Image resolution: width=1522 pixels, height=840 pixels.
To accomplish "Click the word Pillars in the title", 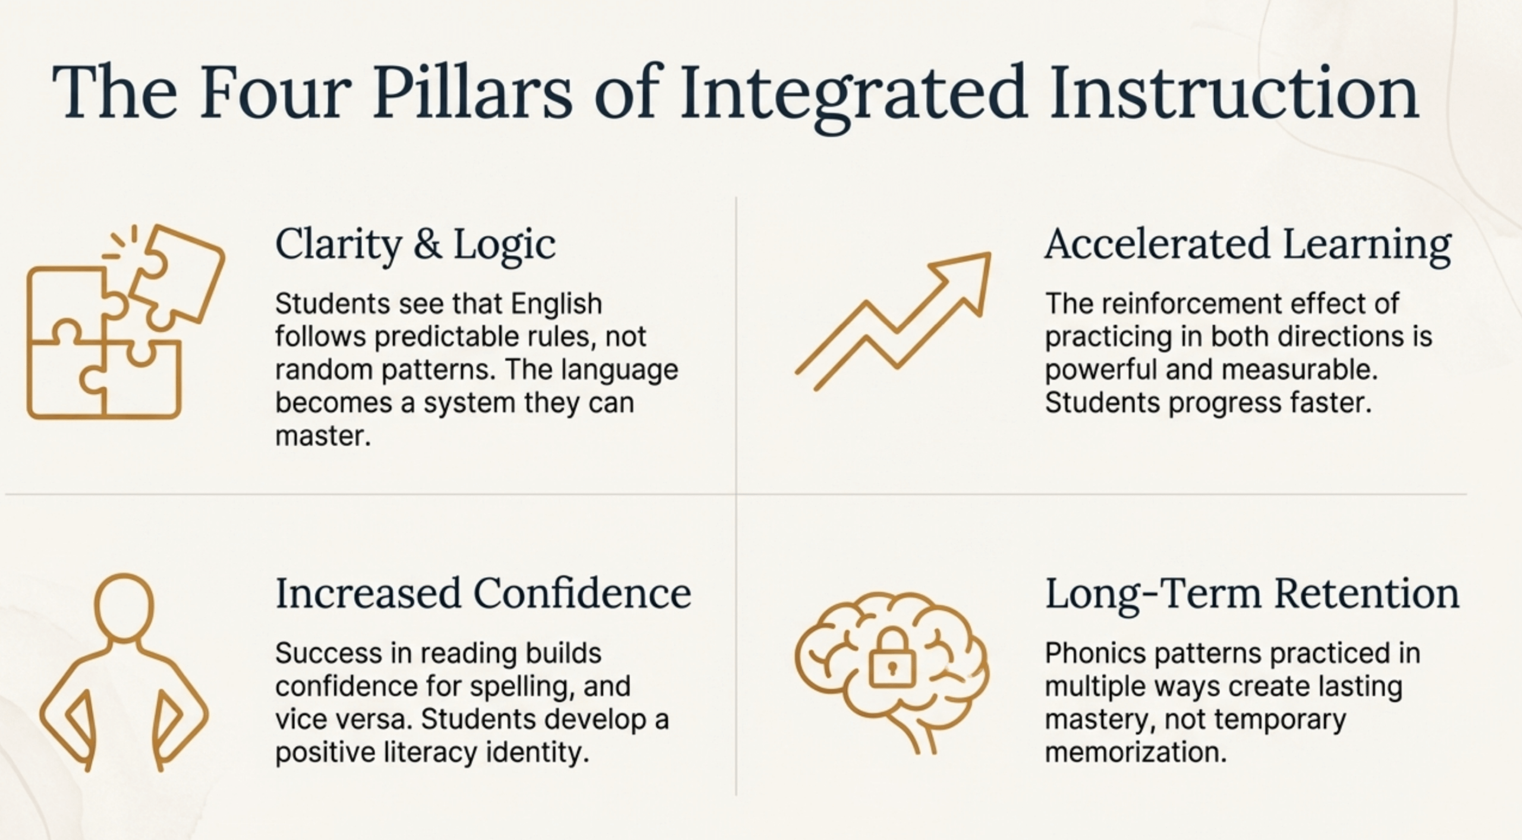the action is (x=473, y=93).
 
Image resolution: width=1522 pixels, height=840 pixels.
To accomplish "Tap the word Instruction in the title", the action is (x=1234, y=93).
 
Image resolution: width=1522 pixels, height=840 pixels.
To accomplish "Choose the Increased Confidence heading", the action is (x=483, y=593).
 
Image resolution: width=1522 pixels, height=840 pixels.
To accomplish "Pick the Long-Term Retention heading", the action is (x=1252, y=594).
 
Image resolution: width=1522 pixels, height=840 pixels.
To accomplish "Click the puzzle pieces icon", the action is (x=125, y=322).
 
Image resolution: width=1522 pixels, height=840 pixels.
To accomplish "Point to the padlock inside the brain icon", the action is (x=892, y=659).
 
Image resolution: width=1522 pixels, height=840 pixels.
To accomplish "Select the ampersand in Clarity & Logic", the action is (x=427, y=244).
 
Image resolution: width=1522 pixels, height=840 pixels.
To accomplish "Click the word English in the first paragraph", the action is (x=556, y=305).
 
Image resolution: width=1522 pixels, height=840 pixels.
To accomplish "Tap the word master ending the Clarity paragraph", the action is (x=323, y=436).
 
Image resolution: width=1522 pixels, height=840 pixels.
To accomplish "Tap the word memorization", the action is (x=1136, y=753).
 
